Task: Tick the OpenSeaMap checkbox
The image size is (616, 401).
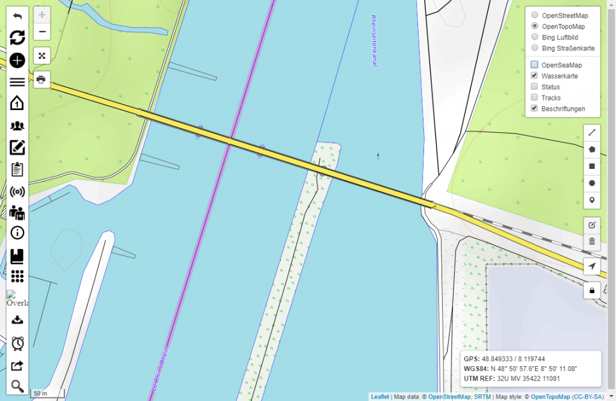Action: [x=534, y=65]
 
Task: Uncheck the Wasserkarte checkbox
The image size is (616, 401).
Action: [x=534, y=76]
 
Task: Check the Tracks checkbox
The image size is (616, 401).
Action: [x=534, y=98]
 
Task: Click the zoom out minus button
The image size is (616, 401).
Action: [x=42, y=32]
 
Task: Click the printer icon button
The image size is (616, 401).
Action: [x=42, y=79]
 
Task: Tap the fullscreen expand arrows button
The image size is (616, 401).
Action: [x=42, y=56]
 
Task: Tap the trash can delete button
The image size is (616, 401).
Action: [x=592, y=241]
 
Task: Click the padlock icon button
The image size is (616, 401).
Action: [x=592, y=290]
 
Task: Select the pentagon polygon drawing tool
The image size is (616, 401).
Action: [x=592, y=149]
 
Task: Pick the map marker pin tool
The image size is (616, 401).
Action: [x=592, y=200]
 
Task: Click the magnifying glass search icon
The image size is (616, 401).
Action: [x=17, y=386]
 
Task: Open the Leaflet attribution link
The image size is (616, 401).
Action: [x=380, y=397]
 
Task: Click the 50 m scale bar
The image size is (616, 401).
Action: [x=42, y=393]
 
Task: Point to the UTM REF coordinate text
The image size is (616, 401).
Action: [x=512, y=379]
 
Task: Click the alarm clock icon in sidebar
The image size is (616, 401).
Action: [x=17, y=343]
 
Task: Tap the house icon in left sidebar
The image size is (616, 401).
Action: [x=17, y=103]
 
